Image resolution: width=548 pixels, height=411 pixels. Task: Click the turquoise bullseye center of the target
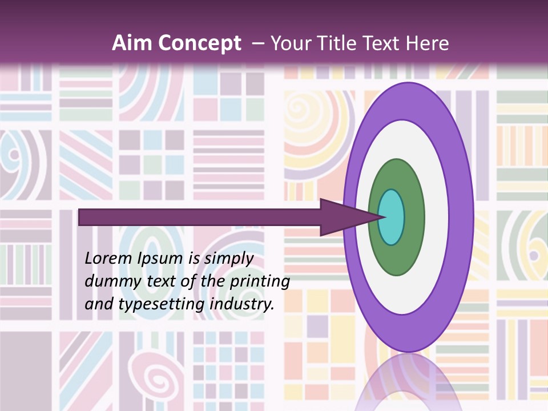click(392, 217)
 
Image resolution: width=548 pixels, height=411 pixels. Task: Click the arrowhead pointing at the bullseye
click(342, 217)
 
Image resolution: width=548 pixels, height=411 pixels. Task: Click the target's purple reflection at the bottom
click(406, 382)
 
